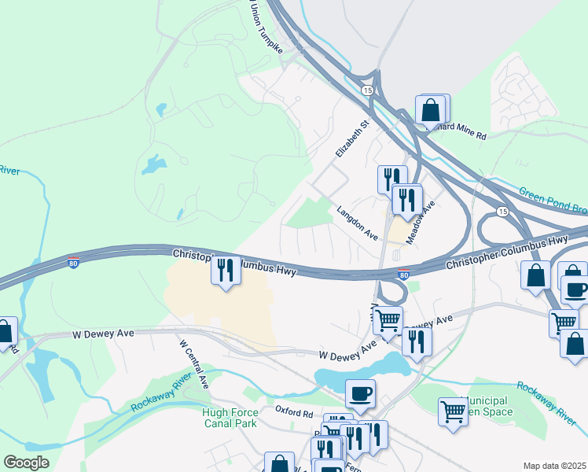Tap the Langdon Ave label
[x=358, y=223]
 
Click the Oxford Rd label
[x=294, y=410]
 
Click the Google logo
[x=26, y=463]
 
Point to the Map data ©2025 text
[x=554, y=466]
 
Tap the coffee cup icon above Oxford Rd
[x=360, y=394]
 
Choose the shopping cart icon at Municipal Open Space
[x=453, y=411]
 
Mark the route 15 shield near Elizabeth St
[x=367, y=91]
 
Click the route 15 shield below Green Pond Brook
[x=501, y=211]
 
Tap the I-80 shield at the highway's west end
[x=73, y=263]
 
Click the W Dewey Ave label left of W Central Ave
[x=105, y=334]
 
